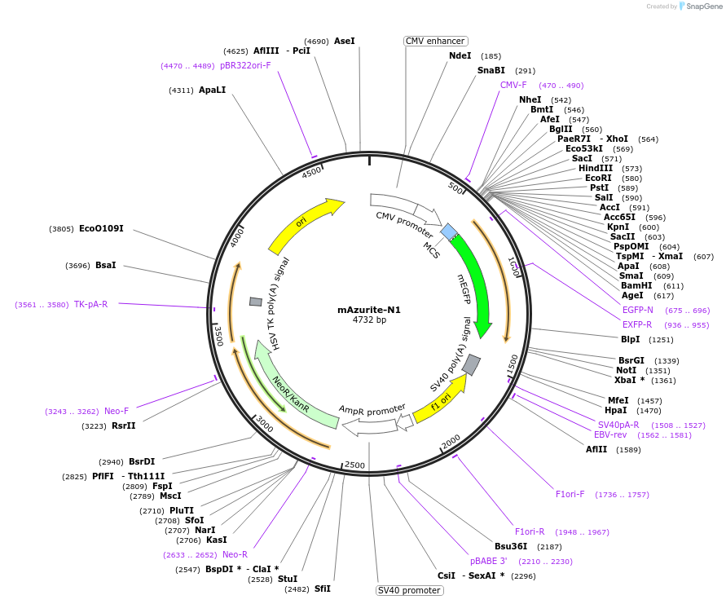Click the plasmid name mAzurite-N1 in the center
369,310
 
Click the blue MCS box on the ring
448,232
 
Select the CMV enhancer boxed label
435,41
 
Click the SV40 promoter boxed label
408,590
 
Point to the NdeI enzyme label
460,55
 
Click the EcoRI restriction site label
598,178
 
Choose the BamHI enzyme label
636,285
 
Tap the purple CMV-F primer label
513,85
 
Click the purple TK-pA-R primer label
90,304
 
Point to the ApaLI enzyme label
212,90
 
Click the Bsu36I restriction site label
511,546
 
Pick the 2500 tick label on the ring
354,465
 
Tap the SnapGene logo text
705,7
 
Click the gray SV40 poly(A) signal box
471,364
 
